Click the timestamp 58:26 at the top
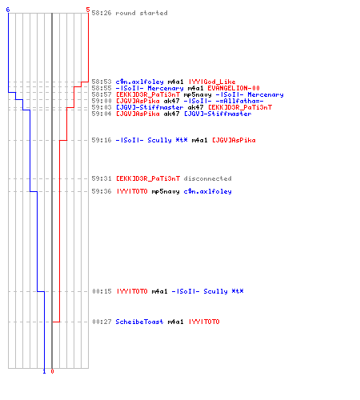pyautogui.click(x=102, y=13)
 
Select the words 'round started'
pyautogui.click(x=142, y=13)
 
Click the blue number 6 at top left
pyautogui.click(x=8, y=10)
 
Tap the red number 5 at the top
pyautogui.click(x=88, y=10)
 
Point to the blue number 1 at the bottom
pyautogui.click(x=44, y=371)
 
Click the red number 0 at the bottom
pyautogui.click(x=52, y=371)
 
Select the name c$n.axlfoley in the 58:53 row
pyautogui.click(x=139, y=82)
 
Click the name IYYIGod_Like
pyautogui.click(x=212, y=82)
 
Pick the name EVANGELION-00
pyautogui.click(x=234, y=88)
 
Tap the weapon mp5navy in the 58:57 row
pyautogui.click(x=198, y=94)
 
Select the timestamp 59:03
pyautogui.click(x=102, y=107)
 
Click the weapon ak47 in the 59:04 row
pyautogui.click(x=171, y=114)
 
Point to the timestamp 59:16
pyautogui.click(x=102, y=140)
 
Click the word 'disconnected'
pyautogui.click(x=207, y=178)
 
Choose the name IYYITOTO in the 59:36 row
pyautogui.click(x=132, y=191)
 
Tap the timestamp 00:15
pyautogui.click(x=102, y=291)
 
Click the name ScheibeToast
pyautogui.click(x=139, y=322)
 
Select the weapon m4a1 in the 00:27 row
pyautogui.click(x=175, y=322)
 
